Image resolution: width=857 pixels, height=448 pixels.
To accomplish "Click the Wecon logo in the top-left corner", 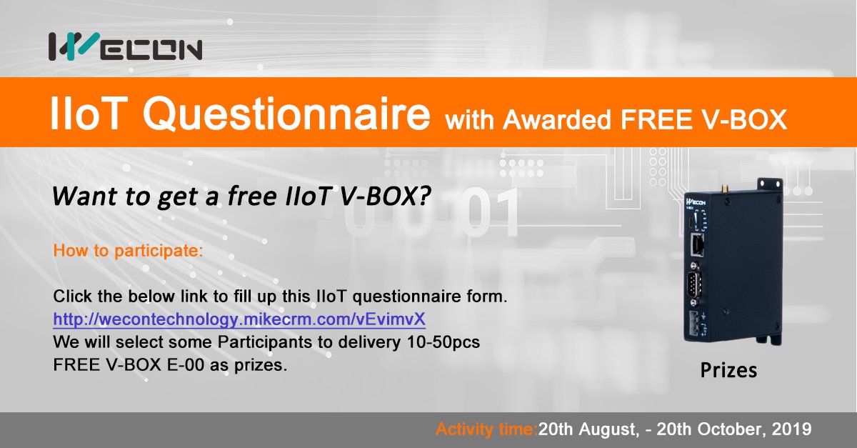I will coord(125,46).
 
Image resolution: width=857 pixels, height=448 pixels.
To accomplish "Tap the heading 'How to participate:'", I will coord(129,252).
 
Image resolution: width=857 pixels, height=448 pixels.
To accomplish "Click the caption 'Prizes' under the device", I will coord(728,371).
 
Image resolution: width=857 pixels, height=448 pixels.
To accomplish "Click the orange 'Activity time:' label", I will coord(486,430).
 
